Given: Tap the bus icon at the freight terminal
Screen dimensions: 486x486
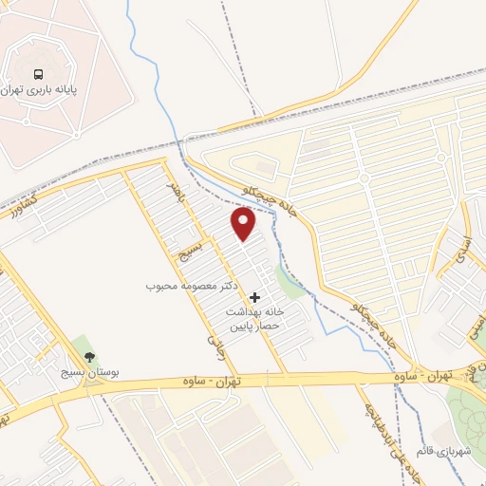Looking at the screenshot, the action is coord(38,73).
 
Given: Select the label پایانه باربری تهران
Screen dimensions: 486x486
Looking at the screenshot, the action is coord(39,90).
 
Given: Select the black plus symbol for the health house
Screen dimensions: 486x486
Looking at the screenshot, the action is coord(254,298).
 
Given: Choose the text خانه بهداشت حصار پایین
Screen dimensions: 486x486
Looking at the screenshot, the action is coord(255,318).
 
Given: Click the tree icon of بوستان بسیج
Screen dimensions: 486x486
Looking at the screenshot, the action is coord(89,358).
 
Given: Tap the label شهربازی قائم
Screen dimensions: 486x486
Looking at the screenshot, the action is coord(443,451).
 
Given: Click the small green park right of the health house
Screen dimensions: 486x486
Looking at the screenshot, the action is coord(288,282).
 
